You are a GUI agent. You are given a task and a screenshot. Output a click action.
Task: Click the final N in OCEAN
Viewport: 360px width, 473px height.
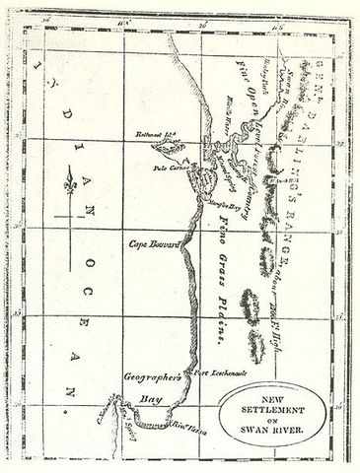(x=69, y=401)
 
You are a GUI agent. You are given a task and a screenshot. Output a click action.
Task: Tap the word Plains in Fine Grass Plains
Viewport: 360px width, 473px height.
(x=209, y=320)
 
